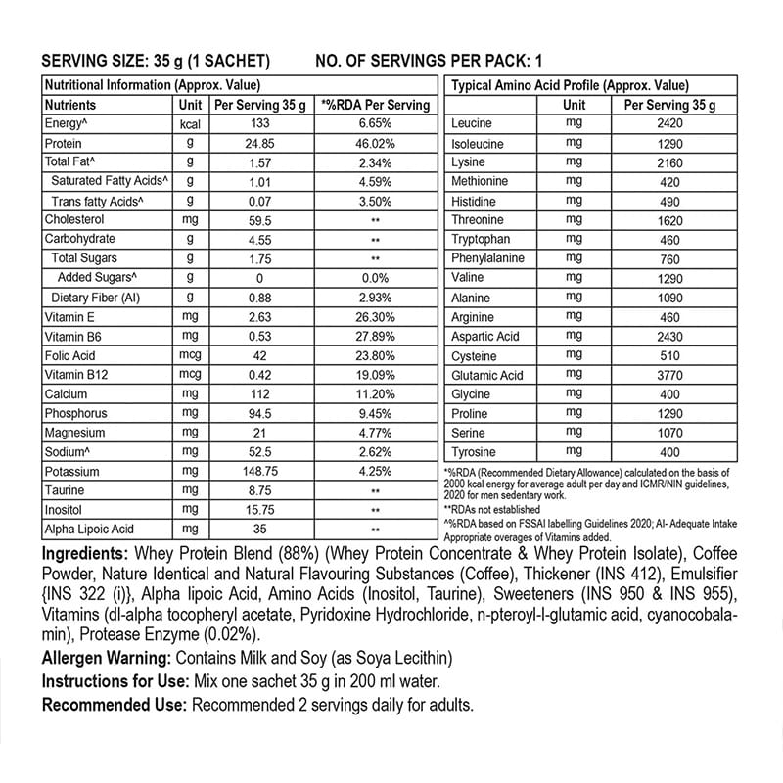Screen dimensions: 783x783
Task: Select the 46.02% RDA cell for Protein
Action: (x=375, y=143)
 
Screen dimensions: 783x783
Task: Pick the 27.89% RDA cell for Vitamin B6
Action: (x=375, y=336)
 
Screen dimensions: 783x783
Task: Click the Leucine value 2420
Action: (x=669, y=123)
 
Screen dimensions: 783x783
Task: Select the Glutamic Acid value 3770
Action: (x=669, y=375)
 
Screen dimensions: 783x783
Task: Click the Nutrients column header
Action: (x=70, y=105)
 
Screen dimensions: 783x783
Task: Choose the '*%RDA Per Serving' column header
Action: (x=375, y=105)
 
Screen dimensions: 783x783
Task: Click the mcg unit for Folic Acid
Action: (x=190, y=355)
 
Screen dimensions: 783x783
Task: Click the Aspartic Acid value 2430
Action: (x=669, y=336)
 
